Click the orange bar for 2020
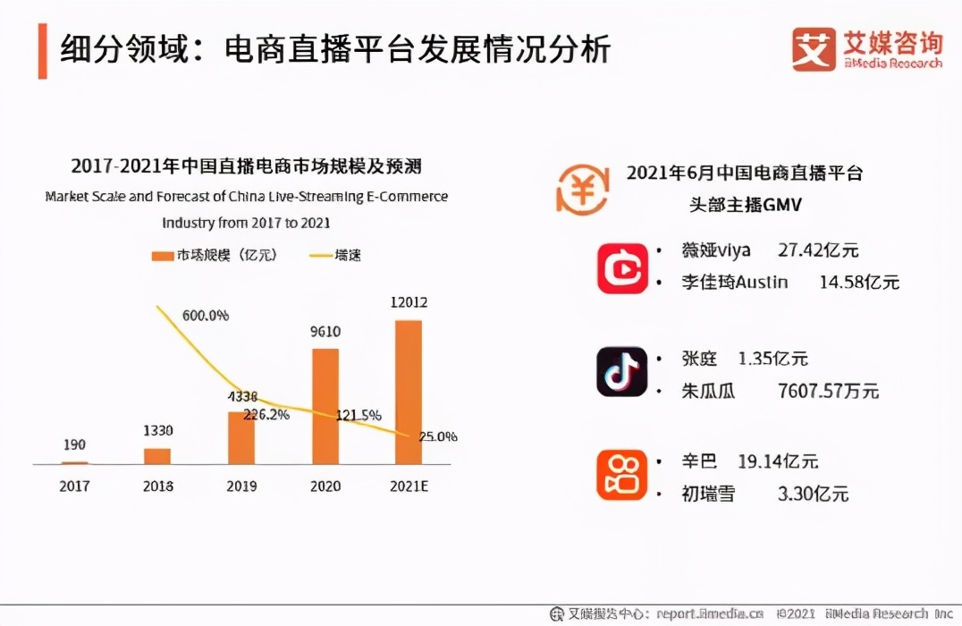325,406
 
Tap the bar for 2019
241,437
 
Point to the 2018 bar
157,456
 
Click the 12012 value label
408,302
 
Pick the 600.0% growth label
206,316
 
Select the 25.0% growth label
438,436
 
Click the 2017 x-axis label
74,486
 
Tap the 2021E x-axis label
408,486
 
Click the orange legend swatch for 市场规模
162,256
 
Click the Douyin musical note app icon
622,372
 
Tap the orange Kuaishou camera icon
622,476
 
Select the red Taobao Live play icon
622,267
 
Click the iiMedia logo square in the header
814,49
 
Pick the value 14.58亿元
859,283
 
